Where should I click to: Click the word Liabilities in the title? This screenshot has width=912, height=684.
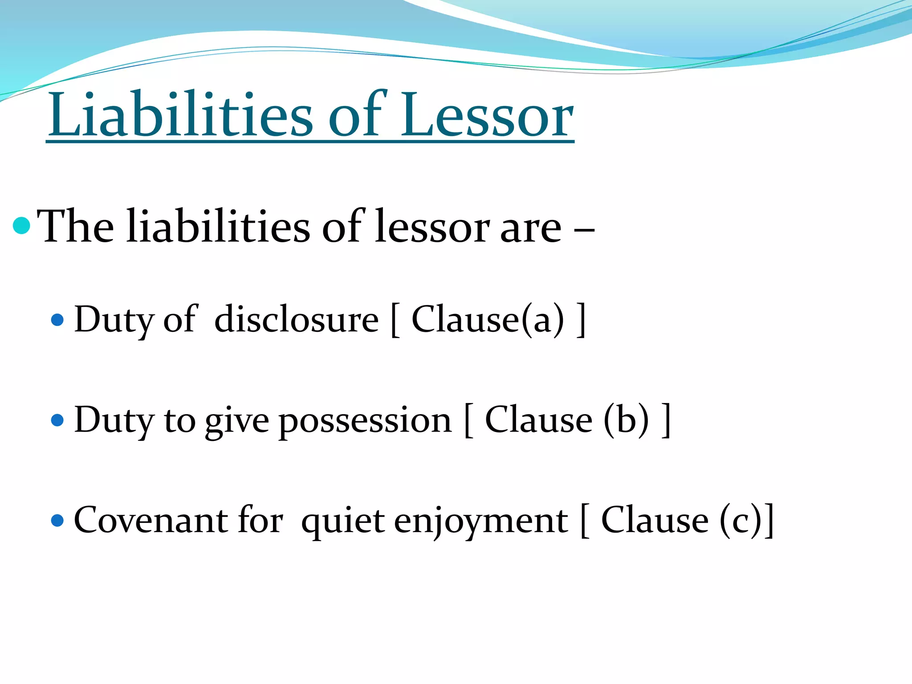(x=180, y=116)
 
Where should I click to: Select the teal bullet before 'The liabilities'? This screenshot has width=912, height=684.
(x=22, y=226)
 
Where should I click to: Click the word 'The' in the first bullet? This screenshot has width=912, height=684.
(x=76, y=227)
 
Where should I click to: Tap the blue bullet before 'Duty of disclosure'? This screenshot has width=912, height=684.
(x=57, y=320)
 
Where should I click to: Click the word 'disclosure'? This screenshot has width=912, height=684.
(x=296, y=320)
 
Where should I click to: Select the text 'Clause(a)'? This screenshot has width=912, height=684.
(x=488, y=320)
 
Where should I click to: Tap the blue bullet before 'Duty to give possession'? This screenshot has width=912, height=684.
(x=57, y=420)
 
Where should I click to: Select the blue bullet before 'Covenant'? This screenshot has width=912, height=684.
(x=57, y=520)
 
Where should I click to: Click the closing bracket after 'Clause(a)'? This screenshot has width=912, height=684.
(x=581, y=320)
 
